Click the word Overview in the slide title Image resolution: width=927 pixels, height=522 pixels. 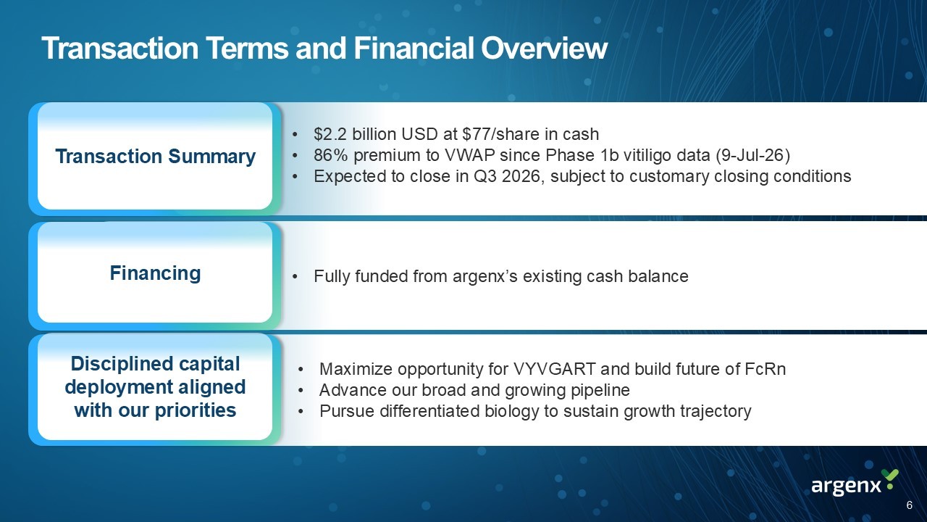pos(544,49)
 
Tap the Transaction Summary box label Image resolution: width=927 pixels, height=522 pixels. pos(155,157)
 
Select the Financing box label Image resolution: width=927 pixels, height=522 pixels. pos(155,273)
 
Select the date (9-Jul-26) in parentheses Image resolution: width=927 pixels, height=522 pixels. pos(752,155)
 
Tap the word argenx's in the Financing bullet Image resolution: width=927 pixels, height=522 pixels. pos(485,276)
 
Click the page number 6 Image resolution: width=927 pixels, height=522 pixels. pos(909,505)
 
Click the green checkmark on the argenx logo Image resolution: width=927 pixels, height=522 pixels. pos(890,475)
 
